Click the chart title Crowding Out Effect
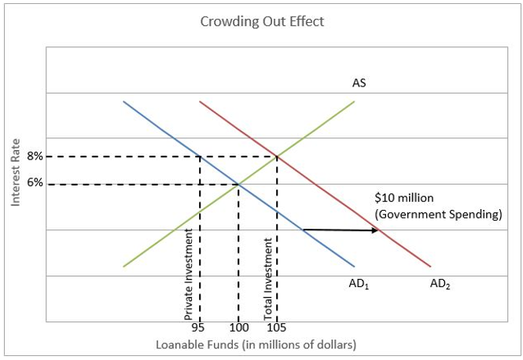point(262,21)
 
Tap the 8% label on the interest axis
point(35,156)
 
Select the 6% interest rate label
point(35,184)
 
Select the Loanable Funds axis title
point(256,345)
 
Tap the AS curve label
point(359,83)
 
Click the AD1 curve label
point(359,285)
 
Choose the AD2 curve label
point(440,285)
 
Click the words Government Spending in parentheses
point(438,214)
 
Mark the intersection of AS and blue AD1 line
point(238,185)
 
